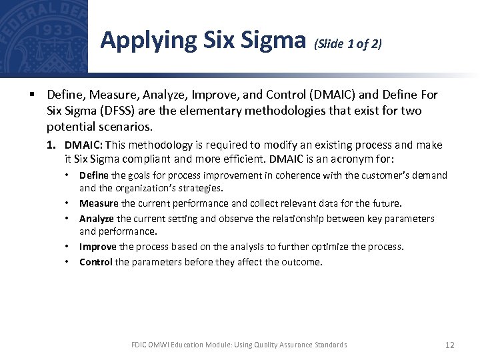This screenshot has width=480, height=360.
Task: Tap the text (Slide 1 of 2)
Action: [x=348, y=44]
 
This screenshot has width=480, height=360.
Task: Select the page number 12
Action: [x=449, y=345]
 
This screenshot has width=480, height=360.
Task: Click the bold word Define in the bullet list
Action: [x=94, y=175]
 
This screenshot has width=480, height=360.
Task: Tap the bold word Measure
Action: [x=99, y=203]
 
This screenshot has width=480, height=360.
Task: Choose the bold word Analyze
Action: [x=97, y=219]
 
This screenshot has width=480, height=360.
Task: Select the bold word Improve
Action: [x=98, y=247]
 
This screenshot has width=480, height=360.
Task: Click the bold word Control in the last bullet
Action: [x=96, y=262]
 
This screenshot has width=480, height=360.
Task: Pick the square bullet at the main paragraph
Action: [x=32, y=96]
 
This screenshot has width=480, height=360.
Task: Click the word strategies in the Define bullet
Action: [x=200, y=188]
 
